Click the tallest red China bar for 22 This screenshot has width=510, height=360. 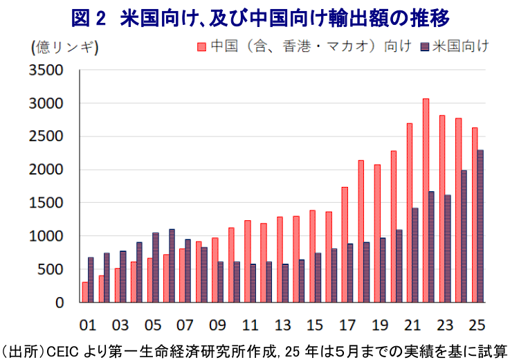(426, 201)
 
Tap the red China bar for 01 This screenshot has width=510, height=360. (84, 292)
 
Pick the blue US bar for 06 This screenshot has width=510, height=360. (172, 266)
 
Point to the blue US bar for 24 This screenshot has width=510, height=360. (464, 236)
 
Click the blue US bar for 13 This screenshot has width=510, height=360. (286, 283)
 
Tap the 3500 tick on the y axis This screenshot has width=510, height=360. (47, 71)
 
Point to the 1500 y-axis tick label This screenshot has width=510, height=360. (47, 203)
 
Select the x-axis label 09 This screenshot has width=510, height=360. (219, 324)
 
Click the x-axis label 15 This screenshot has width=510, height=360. (316, 324)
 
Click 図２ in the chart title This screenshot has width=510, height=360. (89, 17)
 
